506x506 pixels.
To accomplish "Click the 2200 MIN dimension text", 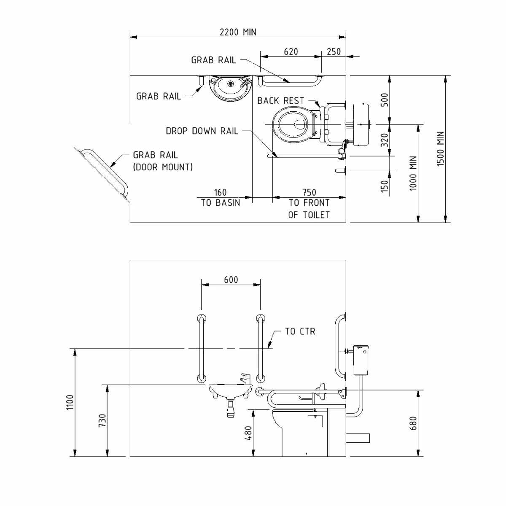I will (238, 32).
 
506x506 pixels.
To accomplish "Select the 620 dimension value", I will (291, 51).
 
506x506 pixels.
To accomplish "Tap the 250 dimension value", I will (334, 51).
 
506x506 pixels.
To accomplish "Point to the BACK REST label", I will (280, 101).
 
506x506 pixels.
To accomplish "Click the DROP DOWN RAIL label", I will (202, 131).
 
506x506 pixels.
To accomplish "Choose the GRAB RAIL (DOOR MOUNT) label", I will (163, 161).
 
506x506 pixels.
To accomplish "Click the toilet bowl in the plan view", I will (293, 124).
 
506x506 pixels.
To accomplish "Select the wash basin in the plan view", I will (230, 88).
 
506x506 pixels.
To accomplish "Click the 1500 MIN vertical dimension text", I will (441, 148).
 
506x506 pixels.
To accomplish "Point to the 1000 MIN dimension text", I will (413, 173).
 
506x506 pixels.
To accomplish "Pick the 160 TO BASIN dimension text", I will (221, 198).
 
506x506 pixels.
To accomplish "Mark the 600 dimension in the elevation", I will (231, 280).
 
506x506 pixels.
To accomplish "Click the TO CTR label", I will (300, 331).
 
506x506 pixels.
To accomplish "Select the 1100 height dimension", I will (70, 402).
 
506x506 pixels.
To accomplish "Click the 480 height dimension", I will (248, 433).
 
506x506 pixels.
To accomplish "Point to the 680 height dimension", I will (413, 423).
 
